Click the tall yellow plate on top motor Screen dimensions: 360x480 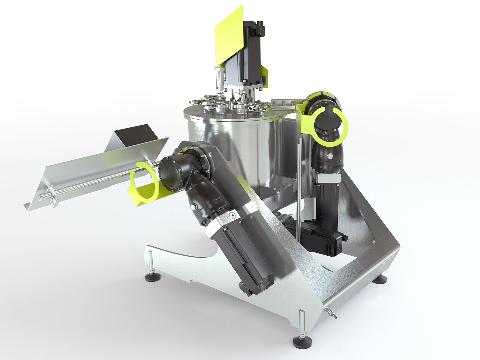point(229,36)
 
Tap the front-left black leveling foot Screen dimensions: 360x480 point(152,277)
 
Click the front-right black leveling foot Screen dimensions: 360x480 point(302,342)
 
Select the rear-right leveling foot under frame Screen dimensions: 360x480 point(380,280)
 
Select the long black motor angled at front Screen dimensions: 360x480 point(243,258)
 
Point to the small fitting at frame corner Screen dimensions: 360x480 point(331,313)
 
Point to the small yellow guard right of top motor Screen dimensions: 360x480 point(264,75)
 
